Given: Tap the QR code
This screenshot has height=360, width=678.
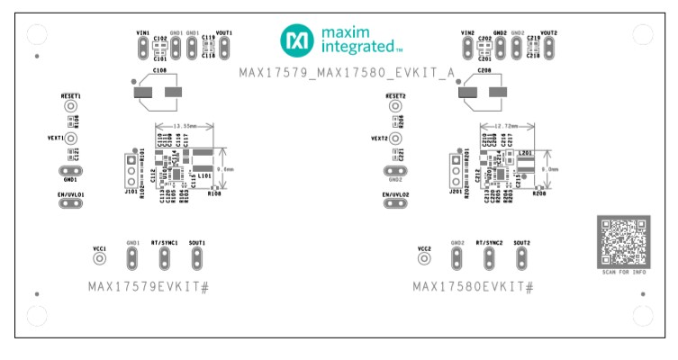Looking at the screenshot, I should pyautogui.click(x=623, y=240).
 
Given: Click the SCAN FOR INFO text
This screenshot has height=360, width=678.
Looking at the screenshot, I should pyautogui.click(x=623, y=272).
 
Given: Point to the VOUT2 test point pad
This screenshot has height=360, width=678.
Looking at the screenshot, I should pyautogui.click(x=548, y=47).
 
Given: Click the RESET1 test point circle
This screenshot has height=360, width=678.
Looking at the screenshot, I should pyautogui.click(x=69, y=106).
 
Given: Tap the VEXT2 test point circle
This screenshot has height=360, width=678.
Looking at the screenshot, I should pyautogui.click(x=393, y=139).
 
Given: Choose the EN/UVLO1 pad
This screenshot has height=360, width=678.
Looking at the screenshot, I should pyautogui.click(x=69, y=203).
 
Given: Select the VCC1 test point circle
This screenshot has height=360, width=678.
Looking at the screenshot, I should pyautogui.click(x=100, y=259).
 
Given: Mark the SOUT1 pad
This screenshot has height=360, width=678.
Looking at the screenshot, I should pyautogui.click(x=196, y=259).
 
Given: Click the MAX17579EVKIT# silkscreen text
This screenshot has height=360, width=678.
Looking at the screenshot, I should pyautogui.click(x=149, y=286).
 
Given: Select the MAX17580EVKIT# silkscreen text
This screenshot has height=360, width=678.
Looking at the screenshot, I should pyautogui.click(x=474, y=286).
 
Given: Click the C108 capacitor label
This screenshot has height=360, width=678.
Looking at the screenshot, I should pyautogui.click(x=159, y=70).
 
